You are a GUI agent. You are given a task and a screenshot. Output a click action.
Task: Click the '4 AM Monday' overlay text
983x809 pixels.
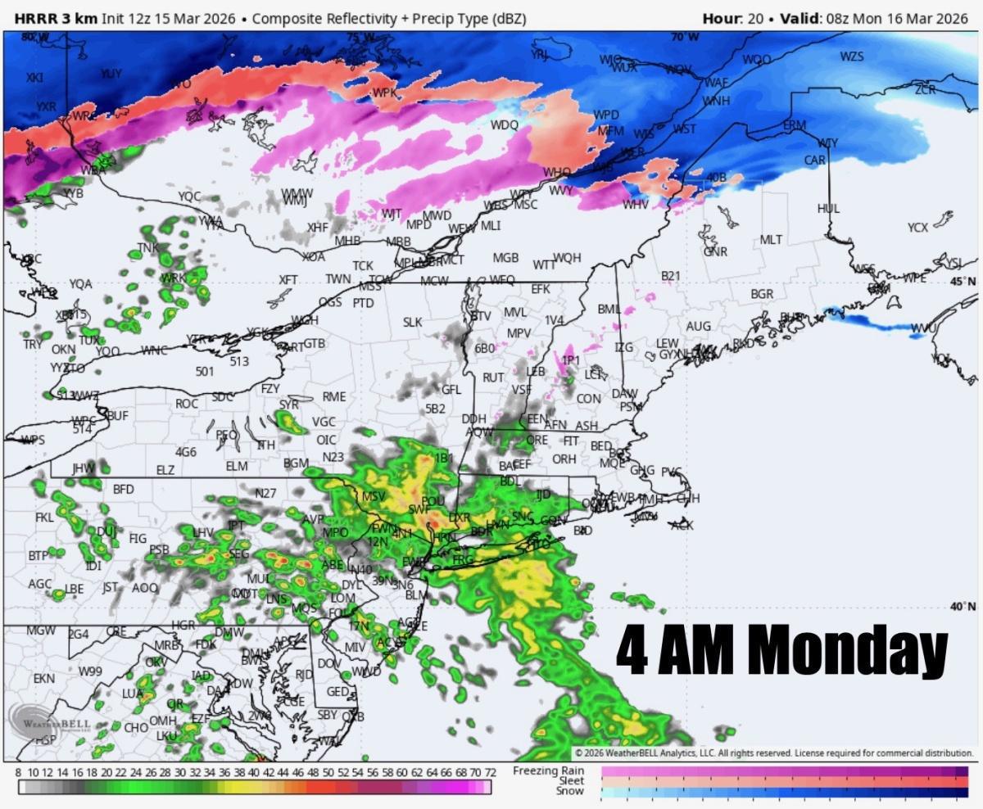coord(781,651)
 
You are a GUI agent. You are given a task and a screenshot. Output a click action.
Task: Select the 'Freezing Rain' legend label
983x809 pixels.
coord(549,771)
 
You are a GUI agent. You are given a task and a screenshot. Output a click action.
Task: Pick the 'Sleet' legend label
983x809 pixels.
coord(570,781)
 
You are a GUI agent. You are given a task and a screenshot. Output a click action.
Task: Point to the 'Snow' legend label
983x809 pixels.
coord(570,791)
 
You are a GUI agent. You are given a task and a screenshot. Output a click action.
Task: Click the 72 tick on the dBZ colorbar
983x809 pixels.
coord(490,772)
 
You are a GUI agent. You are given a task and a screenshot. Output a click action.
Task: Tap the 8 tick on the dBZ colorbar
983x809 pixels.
coord(19,772)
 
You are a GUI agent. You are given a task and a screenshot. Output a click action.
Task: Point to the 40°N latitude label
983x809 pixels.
coord(963,606)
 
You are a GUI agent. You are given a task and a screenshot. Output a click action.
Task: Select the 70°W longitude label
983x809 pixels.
coord(685,37)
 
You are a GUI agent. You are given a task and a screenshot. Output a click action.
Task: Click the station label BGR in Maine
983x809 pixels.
coord(762,294)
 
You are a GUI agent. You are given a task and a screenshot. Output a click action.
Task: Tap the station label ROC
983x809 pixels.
coord(187,404)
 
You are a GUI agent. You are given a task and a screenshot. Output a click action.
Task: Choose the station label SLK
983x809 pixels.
coord(412,323)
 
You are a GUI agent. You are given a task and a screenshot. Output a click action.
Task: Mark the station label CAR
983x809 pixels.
coord(814,160)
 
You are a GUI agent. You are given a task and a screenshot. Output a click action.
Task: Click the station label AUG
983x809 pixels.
coord(698,327)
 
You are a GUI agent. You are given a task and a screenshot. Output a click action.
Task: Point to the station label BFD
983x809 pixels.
coord(123,489)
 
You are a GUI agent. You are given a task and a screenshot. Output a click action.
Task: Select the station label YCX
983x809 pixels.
coord(917,227)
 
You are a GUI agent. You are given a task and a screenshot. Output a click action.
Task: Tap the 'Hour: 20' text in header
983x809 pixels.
coord(733,18)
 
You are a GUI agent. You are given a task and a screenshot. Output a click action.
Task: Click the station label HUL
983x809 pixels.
coord(828,209)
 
